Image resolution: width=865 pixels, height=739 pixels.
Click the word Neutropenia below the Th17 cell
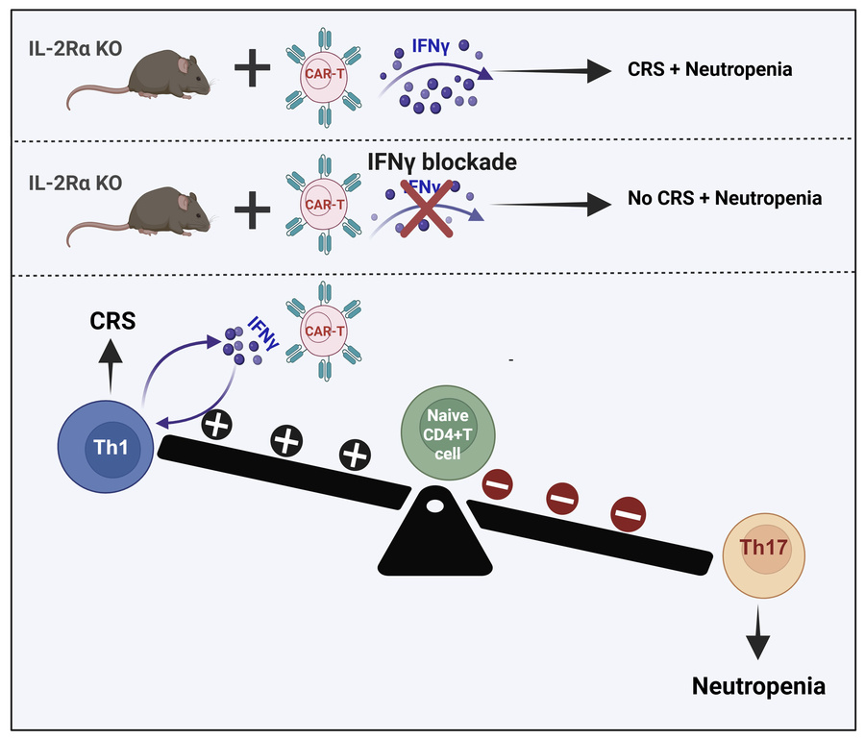coord(758,686)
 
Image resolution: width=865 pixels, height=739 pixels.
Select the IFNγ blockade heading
coord(443,161)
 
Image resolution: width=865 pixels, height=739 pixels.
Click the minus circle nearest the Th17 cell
coord(628,517)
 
